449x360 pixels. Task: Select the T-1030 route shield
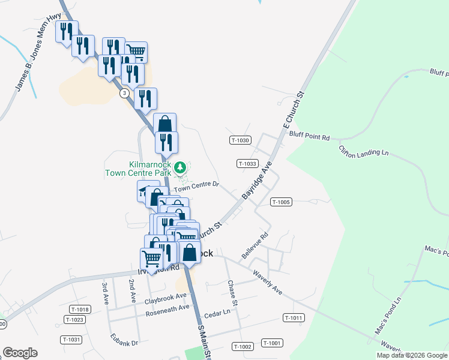point(240,140)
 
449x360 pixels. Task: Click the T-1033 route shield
point(247,163)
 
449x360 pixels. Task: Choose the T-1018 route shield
point(79,310)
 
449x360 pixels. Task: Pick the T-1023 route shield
point(74,320)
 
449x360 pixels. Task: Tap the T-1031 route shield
point(71,340)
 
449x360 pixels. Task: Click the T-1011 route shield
point(294,318)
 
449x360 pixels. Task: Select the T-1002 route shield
point(243,347)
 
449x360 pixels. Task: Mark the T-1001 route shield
point(271,343)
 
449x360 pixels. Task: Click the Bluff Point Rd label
point(310,137)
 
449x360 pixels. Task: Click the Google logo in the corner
point(20,353)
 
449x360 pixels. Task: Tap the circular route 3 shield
point(124,93)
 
